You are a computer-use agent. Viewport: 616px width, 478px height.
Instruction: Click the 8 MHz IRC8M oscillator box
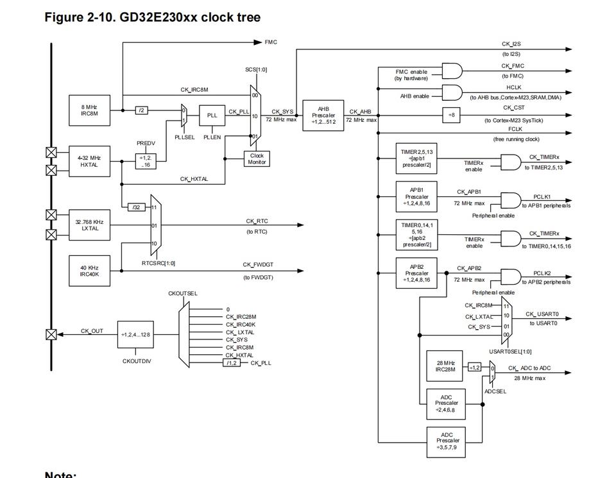90,110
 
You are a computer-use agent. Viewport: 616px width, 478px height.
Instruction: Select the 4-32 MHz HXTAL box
90,162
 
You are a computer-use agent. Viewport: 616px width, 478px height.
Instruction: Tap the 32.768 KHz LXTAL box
90,225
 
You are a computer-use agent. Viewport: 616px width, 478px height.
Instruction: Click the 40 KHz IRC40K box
90,271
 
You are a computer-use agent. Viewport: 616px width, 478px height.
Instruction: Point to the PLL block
212,115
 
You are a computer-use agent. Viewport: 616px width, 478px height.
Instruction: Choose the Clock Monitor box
257,158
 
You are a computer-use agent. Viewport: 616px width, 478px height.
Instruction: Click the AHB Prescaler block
323,115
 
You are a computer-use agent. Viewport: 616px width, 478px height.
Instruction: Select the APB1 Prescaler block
416,197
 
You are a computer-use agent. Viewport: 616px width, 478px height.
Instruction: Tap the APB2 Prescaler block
416,273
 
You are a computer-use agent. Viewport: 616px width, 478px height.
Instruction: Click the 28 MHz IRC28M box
445,366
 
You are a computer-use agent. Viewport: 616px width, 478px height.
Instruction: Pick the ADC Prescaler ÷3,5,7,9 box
447,442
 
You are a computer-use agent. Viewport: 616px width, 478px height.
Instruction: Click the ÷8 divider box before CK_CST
451,115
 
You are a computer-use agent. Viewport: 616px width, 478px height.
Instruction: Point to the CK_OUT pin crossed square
51,335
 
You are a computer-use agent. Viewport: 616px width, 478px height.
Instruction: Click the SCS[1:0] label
256,69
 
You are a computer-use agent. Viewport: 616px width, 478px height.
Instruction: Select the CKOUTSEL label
183,293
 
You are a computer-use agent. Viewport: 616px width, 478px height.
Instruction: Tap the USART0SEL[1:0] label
510,352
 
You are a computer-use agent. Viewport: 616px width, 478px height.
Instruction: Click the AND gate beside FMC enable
452,71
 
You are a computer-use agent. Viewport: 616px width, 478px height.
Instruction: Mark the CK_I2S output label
511,44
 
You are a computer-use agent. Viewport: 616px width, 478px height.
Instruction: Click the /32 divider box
137,207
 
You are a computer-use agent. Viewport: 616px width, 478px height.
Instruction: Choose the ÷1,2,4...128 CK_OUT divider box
135,335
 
